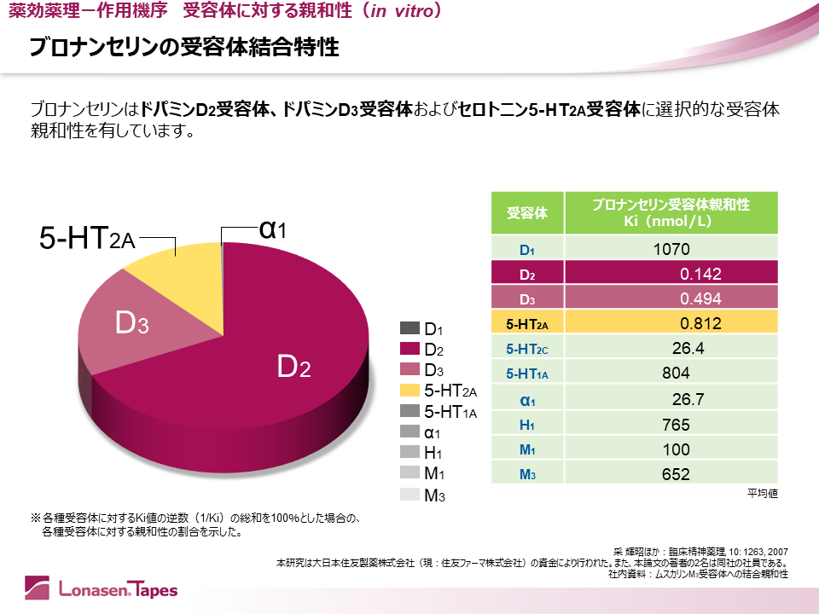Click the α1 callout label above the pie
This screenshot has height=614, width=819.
coord(272,229)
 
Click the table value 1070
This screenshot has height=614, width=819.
coord(671,250)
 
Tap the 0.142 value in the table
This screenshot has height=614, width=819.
coord(700,274)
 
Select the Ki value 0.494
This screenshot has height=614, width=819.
coord(700,298)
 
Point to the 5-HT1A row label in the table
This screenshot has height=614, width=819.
coord(527,373)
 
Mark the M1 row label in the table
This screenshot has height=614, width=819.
coord(527,449)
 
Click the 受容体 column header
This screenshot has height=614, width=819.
coord(527,213)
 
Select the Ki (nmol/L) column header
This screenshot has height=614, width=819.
coord(671,213)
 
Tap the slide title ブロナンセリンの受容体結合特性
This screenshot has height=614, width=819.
coord(184,48)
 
